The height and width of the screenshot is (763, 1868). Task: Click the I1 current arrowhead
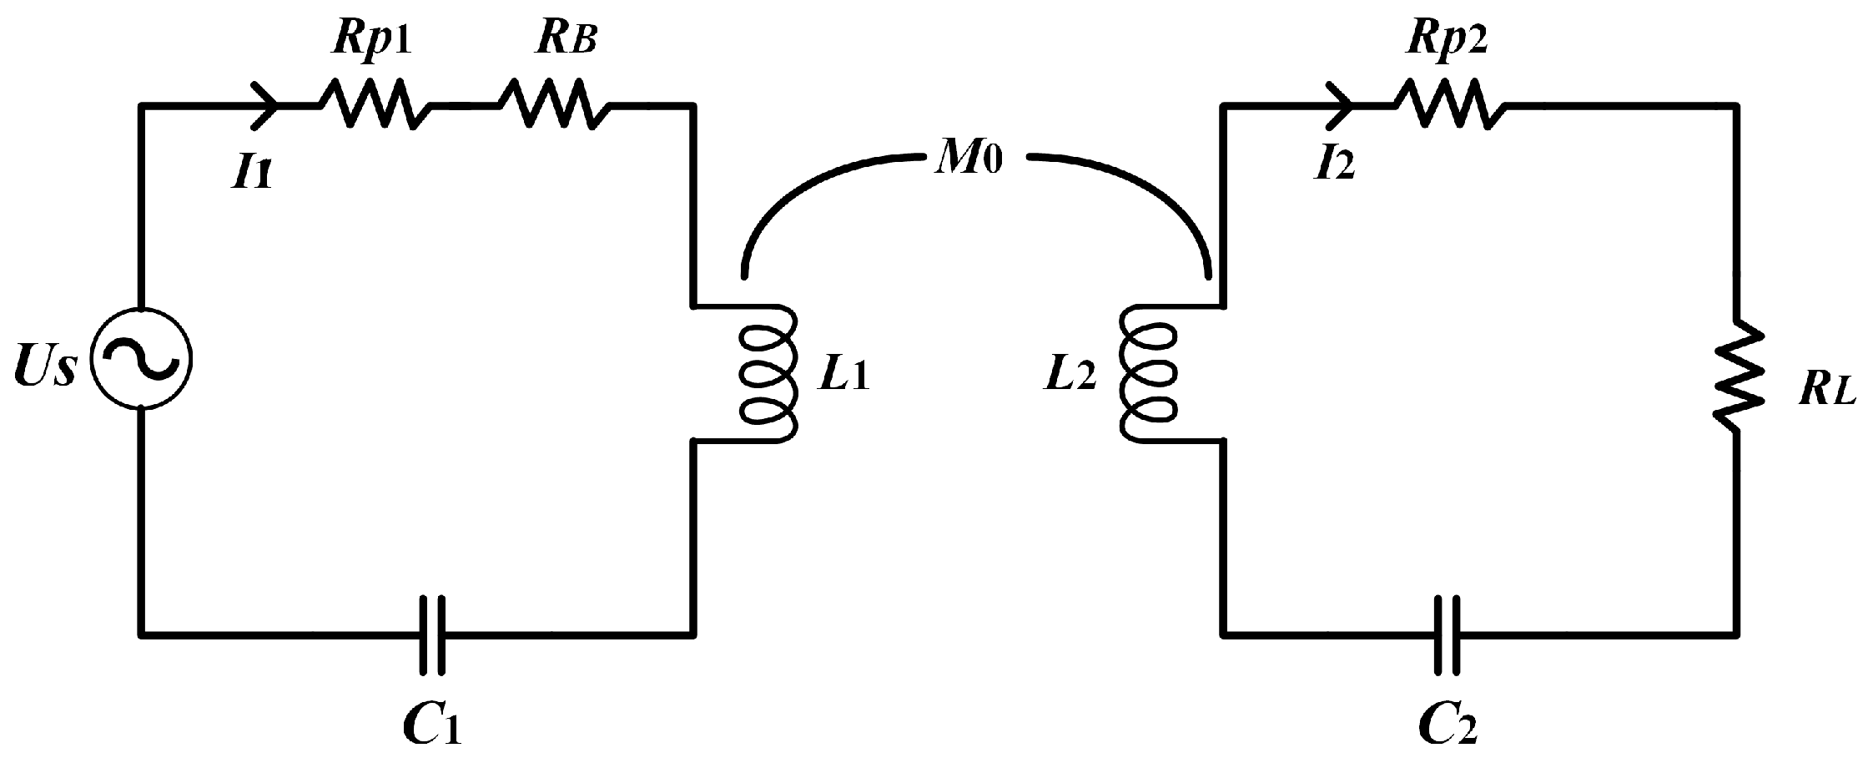coord(266,106)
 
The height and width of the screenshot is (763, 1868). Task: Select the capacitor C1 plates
coord(432,634)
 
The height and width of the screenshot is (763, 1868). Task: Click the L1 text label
coord(843,376)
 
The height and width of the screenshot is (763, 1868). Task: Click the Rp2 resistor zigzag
coord(1448,104)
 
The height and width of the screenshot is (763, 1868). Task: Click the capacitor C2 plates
coord(1448,634)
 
